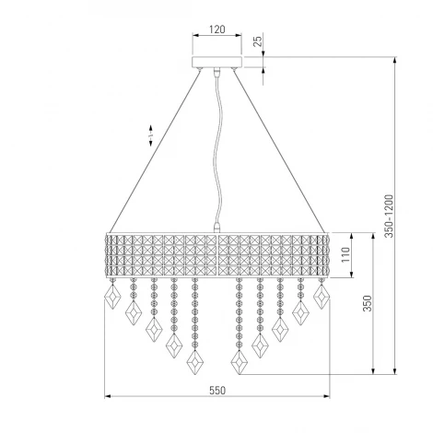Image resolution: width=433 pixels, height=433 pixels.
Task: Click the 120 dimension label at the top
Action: (x=217, y=29)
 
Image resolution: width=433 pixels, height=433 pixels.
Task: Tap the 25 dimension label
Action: (x=259, y=41)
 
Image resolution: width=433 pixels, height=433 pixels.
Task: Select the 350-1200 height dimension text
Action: (x=389, y=216)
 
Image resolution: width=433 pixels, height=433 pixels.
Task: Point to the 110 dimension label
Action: (x=345, y=254)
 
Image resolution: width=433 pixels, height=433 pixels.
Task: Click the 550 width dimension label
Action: (x=217, y=391)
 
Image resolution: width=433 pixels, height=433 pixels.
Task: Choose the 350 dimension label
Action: (x=368, y=303)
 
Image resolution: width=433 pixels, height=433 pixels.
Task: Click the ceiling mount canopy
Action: (x=217, y=62)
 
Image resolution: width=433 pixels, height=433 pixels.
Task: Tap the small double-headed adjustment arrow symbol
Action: (x=151, y=135)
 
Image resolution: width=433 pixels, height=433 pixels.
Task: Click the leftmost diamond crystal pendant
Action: (x=112, y=297)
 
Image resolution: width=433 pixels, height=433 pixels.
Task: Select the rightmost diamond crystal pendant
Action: (x=322, y=297)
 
